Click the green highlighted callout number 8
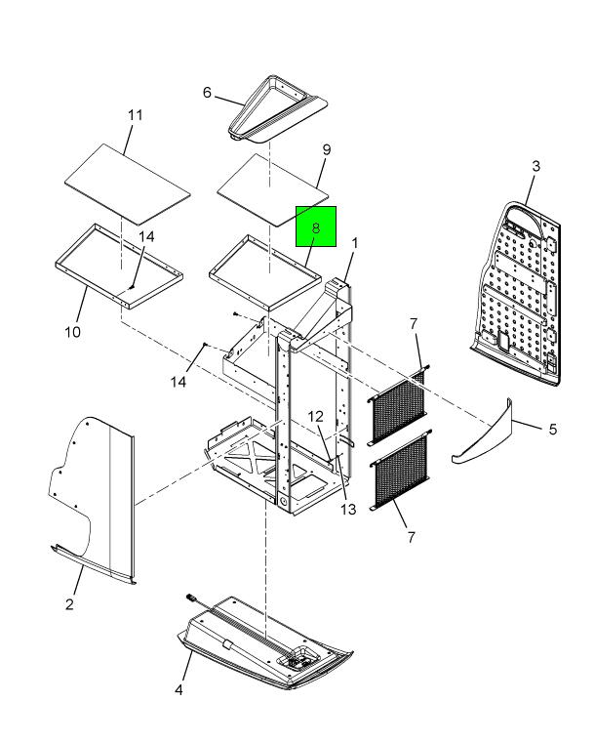click(316, 227)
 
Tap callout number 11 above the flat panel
click(136, 115)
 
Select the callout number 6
click(207, 92)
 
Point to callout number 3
click(535, 167)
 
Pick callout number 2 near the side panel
click(69, 604)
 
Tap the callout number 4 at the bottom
click(178, 690)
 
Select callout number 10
click(72, 332)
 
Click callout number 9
click(327, 149)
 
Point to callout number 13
click(348, 510)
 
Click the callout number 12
click(315, 418)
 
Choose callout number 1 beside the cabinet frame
click(355, 243)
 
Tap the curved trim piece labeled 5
click(486, 435)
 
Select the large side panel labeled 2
click(98, 498)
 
